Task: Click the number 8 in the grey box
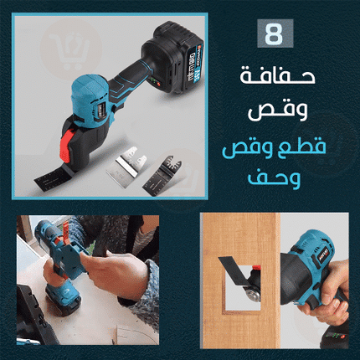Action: click(275, 34)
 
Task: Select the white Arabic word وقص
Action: click(278, 111)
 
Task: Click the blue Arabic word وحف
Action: click(274, 179)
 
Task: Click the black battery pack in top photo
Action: click(173, 57)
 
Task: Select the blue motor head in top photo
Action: click(90, 100)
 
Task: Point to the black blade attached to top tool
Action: click(53, 177)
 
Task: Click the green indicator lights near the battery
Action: click(154, 82)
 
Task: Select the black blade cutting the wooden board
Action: click(234, 270)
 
